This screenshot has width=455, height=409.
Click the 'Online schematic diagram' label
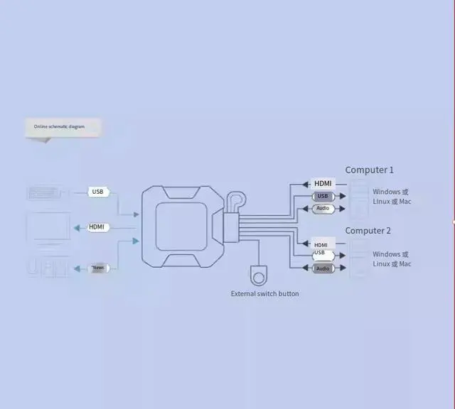[59, 126]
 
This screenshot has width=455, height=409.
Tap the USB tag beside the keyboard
[98, 192]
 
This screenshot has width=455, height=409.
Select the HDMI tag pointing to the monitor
[97, 227]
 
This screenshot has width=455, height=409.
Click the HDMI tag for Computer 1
[323, 183]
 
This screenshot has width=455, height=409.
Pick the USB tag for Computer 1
[323, 196]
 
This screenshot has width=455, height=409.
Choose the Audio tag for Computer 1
[323, 209]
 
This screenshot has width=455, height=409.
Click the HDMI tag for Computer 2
[321, 244]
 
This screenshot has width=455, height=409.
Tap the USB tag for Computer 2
[319, 253]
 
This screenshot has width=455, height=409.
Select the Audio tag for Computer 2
[323, 268]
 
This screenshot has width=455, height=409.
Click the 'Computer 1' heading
[369, 170]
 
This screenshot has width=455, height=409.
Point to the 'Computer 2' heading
[368, 231]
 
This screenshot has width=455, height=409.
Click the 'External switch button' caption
[264, 293]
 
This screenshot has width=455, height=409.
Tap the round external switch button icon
[258, 276]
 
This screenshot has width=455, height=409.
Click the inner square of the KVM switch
[181, 227]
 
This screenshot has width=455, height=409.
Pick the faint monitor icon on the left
[48, 229]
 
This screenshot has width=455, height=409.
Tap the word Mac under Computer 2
[405, 264]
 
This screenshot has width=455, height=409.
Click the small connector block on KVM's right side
[230, 227]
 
